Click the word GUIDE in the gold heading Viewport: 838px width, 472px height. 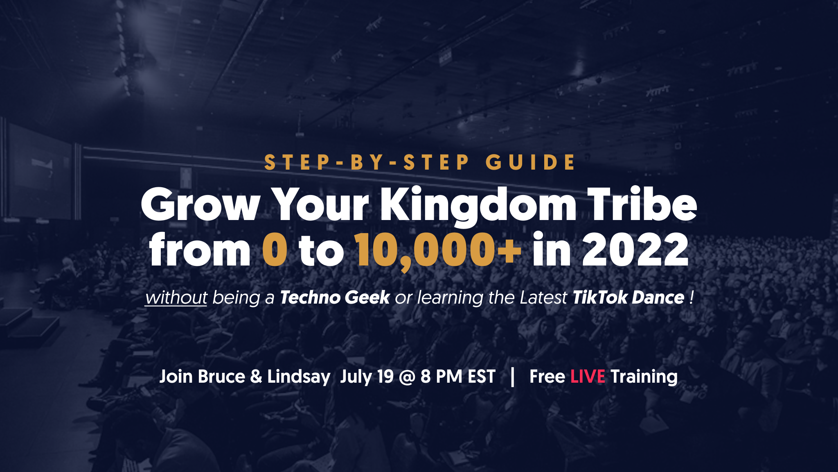(530, 162)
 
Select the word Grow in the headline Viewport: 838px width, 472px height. (200, 204)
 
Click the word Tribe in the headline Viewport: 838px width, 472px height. (642, 204)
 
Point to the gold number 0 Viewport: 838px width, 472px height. (275, 250)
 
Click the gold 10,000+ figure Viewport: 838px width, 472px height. (438, 251)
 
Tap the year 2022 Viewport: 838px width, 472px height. (635, 250)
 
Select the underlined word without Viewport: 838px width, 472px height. (176, 297)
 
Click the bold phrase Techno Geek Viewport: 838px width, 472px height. (335, 297)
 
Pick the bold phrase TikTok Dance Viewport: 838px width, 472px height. (628, 297)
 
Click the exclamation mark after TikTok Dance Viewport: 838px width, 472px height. (692, 297)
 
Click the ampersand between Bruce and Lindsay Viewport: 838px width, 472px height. (256, 377)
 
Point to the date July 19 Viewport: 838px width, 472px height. (367, 377)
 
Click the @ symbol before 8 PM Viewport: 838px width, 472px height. (407, 377)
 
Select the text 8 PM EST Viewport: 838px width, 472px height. (458, 377)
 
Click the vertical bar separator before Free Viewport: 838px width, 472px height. (513, 377)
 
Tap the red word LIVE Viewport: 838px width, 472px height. (588, 377)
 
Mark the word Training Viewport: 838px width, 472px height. (644, 377)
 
